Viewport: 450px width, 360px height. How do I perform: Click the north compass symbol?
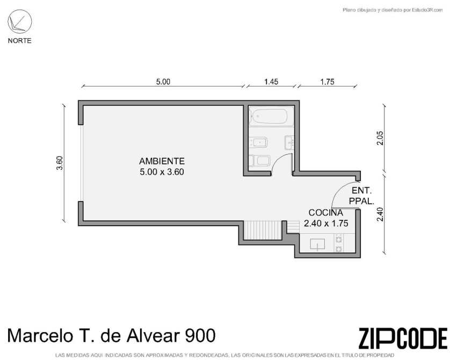coord(19,21)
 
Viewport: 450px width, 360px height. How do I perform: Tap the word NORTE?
coord(19,41)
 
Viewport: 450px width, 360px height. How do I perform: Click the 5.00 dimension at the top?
coord(163,82)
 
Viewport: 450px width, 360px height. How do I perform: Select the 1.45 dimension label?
coord(271,82)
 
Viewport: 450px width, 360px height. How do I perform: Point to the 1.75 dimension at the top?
coord(327,82)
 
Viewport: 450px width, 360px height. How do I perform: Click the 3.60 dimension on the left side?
coord(60,163)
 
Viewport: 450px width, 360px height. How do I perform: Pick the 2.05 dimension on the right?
coord(380,138)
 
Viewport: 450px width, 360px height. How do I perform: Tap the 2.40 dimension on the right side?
coord(380,214)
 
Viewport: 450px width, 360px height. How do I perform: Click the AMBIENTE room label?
coord(162,161)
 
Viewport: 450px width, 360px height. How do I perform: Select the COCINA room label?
coord(326,213)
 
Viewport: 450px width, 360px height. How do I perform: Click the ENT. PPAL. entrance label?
coord(361,196)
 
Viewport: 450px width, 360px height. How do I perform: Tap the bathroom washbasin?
coord(289,142)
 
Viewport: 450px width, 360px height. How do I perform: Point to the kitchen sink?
coord(317,244)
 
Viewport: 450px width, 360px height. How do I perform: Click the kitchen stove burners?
coord(339,243)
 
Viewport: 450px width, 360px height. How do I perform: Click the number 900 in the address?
coord(201,336)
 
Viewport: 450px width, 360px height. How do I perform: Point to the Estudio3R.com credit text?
coord(423,10)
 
